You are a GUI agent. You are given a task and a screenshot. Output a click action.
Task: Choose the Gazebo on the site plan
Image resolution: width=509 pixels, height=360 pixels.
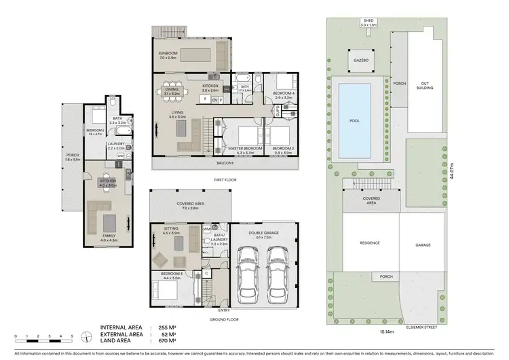(360, 60)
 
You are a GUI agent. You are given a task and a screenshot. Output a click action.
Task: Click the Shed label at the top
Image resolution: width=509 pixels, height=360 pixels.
(369, 22)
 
